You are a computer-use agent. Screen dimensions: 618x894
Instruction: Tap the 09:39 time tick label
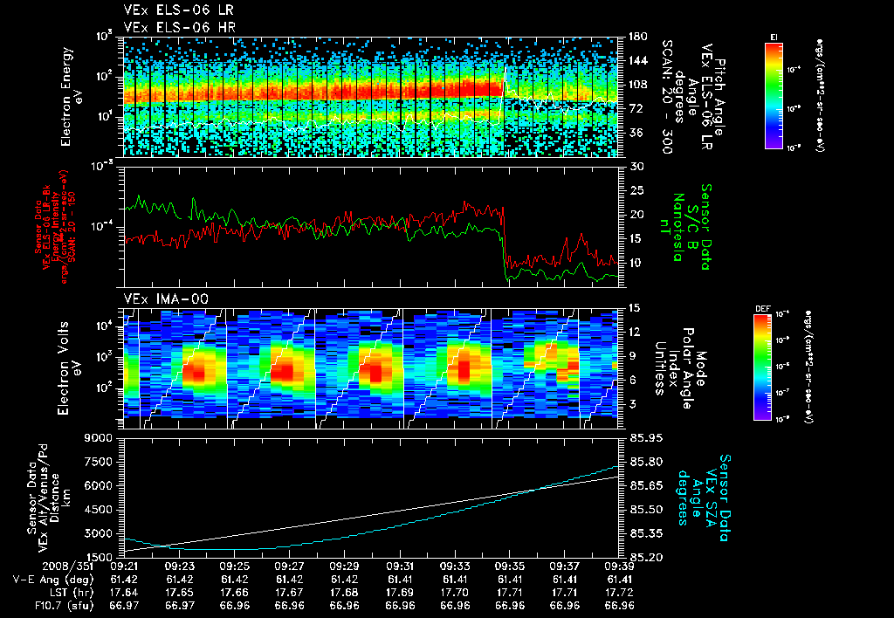click(x=620, y=566)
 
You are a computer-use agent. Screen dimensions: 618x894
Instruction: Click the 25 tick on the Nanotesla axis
click(x=636, y=190)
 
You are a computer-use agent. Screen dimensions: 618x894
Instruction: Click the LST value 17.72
click(x=620, y=592)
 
